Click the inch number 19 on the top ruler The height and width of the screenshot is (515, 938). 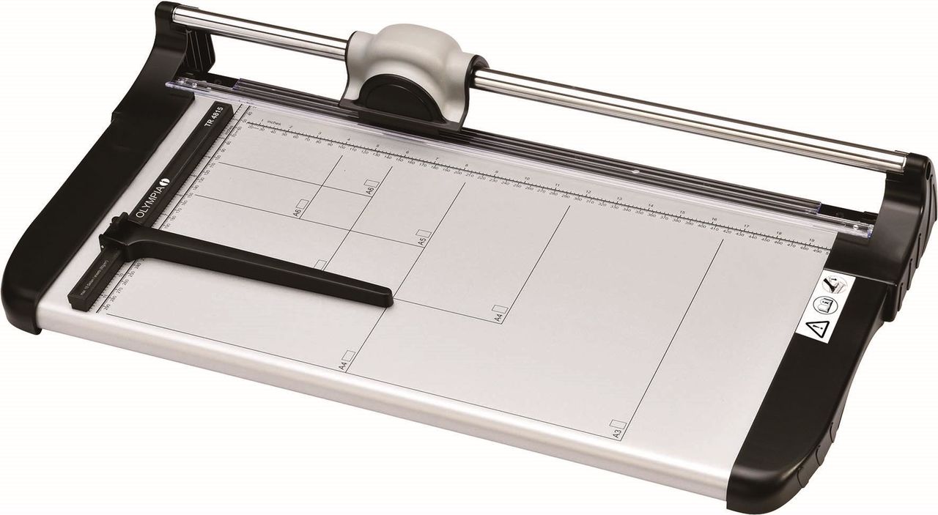811,239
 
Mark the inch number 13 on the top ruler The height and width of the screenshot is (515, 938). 618,199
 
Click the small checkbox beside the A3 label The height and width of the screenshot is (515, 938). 618,423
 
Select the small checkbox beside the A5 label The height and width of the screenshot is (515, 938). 424,228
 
